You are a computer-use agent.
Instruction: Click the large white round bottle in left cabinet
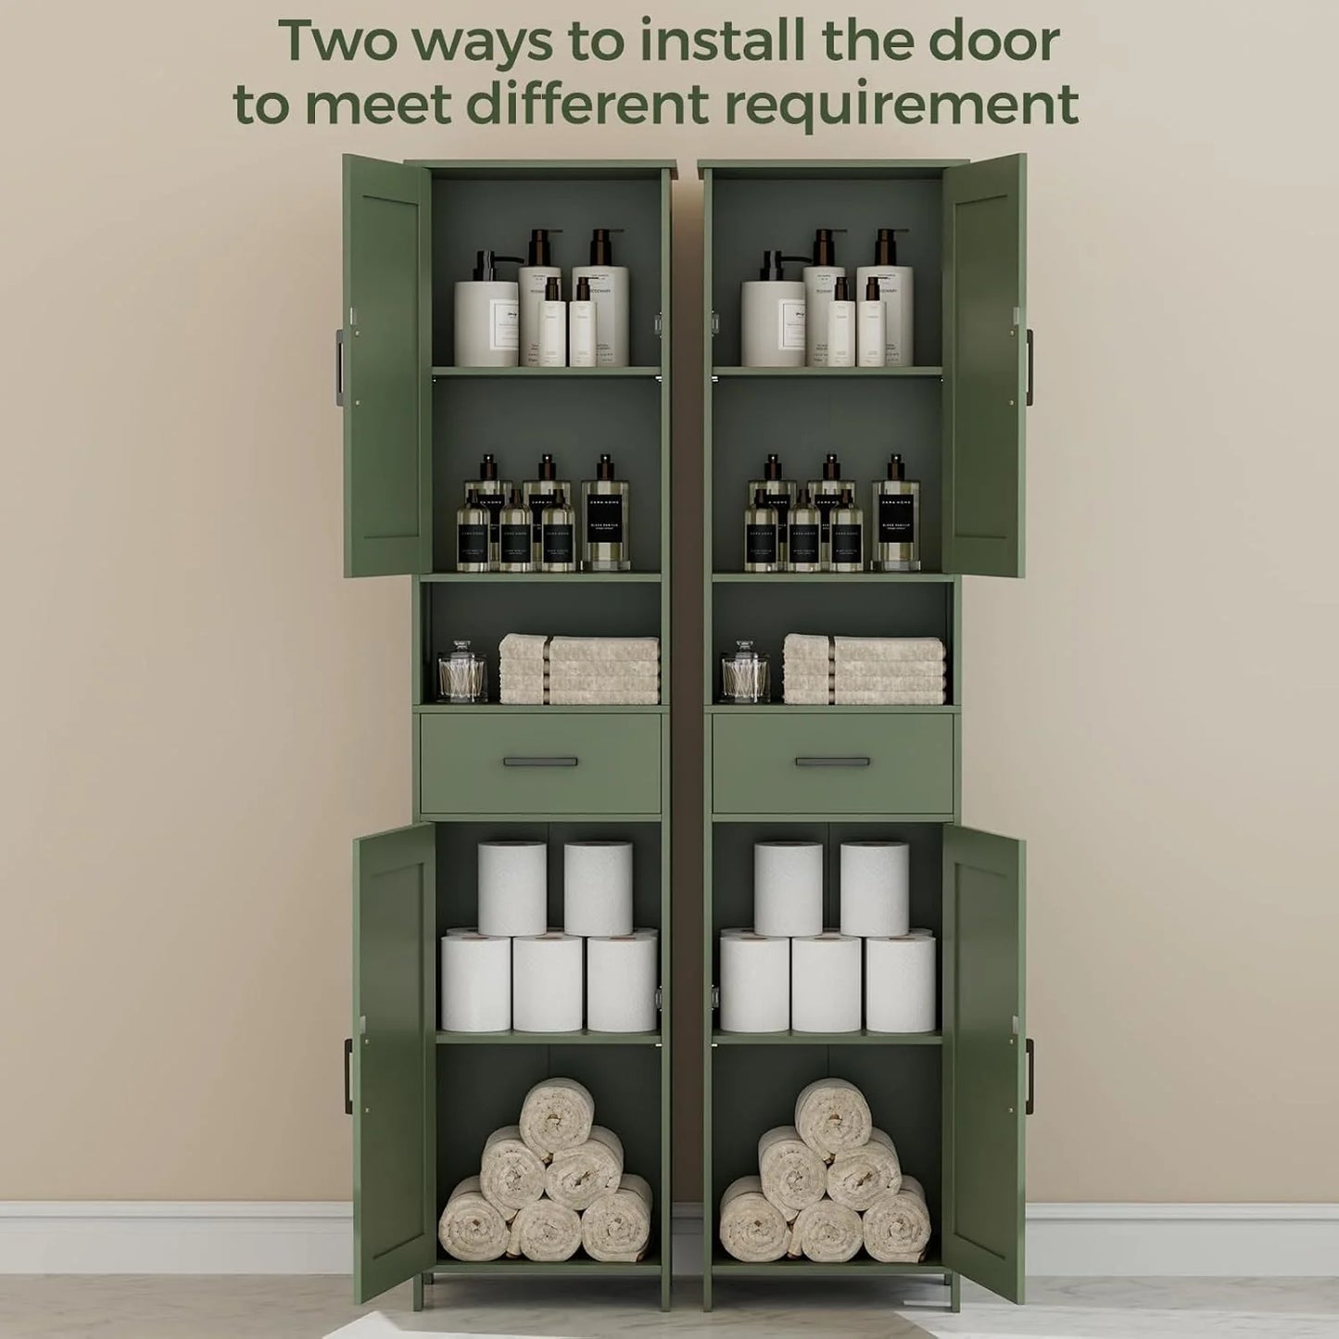(x=486, y=320)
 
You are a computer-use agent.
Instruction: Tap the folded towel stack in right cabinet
(x=864, y=669)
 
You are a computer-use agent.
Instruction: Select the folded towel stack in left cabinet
(x=579, y=669)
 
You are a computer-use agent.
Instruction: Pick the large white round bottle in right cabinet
(x=774, y=320)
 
